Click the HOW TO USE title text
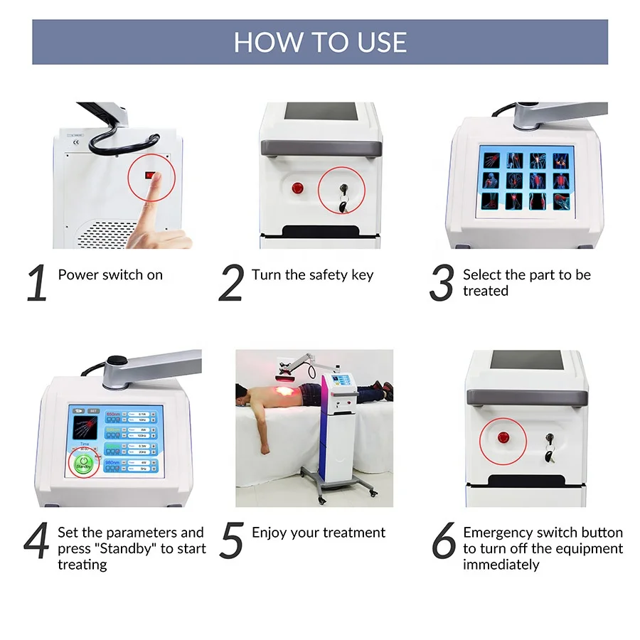[x=320, y=42]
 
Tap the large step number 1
[x=37, y=283]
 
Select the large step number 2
[x=231, y=283]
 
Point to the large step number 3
[x=442, y=283]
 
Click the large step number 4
[x=37, y=541]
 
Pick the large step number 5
[x=232, y=541]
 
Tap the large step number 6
[x=443, y=541]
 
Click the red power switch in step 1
[x=150, y=175]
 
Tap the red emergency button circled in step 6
[x=502, y=436]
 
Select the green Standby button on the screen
[x=84, y=463]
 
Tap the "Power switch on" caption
[x=110, y=275]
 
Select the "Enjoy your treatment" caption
[x=319, y=533]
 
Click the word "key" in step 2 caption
[x=361, y=275]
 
